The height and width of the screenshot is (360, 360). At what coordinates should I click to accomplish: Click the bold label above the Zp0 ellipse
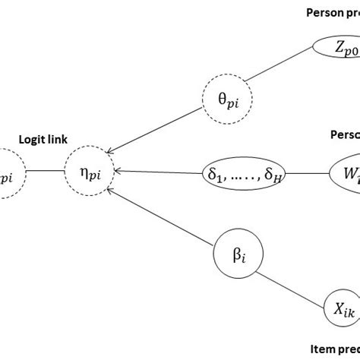click(333, 12)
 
